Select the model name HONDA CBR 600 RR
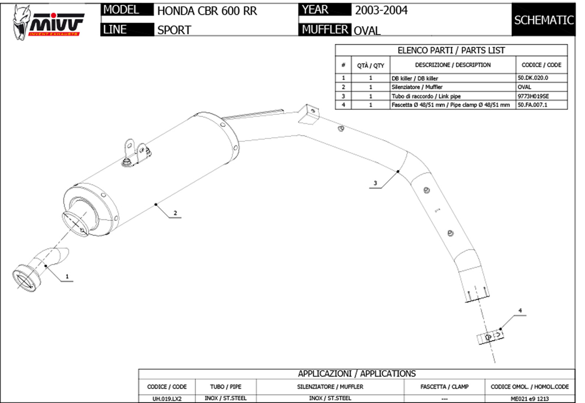[207, 10]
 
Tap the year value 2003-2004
[381, 10]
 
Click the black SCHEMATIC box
[544, 20]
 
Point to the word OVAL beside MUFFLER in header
[367, 31]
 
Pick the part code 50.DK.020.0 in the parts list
[536, 78]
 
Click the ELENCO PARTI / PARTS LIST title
[451, 50]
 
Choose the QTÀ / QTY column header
[370, 65]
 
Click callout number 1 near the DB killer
[67, 275]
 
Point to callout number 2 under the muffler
[175, 213]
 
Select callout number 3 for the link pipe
[375, 183]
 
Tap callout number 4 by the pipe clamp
[520, 311]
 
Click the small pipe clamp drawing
[491, 336]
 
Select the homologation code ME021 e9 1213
[529, 398]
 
